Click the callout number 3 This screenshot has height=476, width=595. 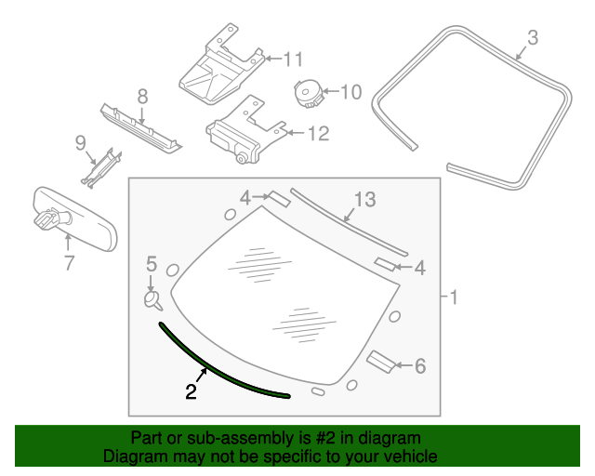(x=533, y=38)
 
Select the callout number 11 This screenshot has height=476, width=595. (x=293, y=59)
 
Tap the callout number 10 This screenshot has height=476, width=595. (x=350, y=91)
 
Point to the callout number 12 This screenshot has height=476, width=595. (x=317, y=134)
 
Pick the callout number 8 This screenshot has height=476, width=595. (x=142, y=96)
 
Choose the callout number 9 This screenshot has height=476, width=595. (x=80, y=142)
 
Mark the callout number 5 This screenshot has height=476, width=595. (x=152, y=265)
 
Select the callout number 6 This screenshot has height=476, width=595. (x=419, y=366)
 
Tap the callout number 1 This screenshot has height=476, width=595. (x=453, y=298)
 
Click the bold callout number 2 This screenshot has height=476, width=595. (x=191, y=392)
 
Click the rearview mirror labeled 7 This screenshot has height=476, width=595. (x=70, y=217)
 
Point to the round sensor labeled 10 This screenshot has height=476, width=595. (x=306, y=93)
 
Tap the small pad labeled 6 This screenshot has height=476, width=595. (x=382, y=360)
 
